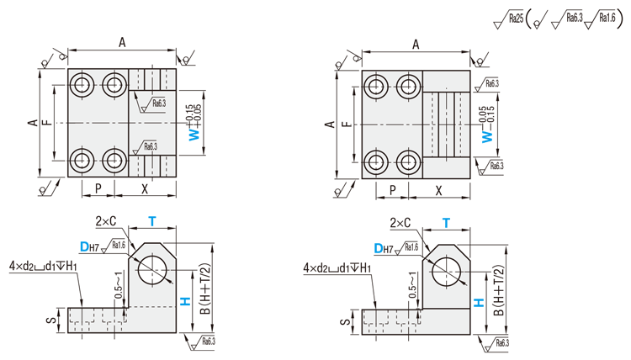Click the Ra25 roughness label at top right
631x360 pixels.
(x=516, y=19)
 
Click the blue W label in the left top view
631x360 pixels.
(x=194, y=134)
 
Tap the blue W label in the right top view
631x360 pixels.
(x=487, y=136)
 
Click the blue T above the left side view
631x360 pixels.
(x=151, y=221)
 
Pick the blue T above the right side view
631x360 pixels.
(x=446, y=223)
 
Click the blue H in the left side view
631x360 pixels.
(x=185, y=301)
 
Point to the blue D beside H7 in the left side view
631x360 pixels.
(x=84, y=246)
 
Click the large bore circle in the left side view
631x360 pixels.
(x=152, y=269)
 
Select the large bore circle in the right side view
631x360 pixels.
(x=447, y=272)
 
